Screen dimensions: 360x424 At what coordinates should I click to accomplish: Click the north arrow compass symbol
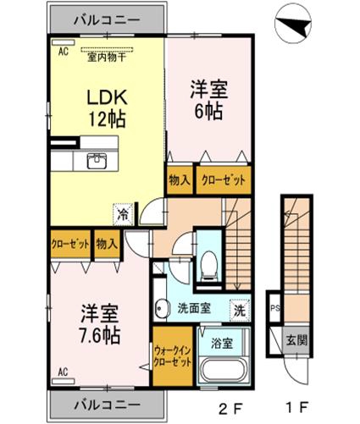(x=293, y=23)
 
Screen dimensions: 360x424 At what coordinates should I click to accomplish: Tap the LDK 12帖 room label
(x=107, y=108)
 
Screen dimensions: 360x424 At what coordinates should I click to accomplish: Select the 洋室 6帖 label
(x=208, y=100)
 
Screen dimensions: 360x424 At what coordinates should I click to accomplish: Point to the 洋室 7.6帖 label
(x=100, y=324)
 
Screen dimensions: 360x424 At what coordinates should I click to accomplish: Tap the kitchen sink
(x=97, y=161)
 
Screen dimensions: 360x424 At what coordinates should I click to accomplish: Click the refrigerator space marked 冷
(x=124, y=214)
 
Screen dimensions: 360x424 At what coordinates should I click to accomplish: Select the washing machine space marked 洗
(x=240, y=310)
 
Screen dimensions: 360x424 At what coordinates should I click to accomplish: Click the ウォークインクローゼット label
(x=173, y=356)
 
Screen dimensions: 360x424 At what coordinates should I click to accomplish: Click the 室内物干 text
(x=107, y=58)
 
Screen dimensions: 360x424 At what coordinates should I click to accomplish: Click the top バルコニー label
(x=107, y=20)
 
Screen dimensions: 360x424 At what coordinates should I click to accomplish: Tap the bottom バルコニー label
(x=107, y=405)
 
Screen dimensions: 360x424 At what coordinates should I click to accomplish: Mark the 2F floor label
(x=230, y=407)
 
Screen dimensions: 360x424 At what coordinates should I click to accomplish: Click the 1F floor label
(x=297, y=407)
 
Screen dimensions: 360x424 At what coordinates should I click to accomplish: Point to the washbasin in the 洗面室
(x=162, y=308)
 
